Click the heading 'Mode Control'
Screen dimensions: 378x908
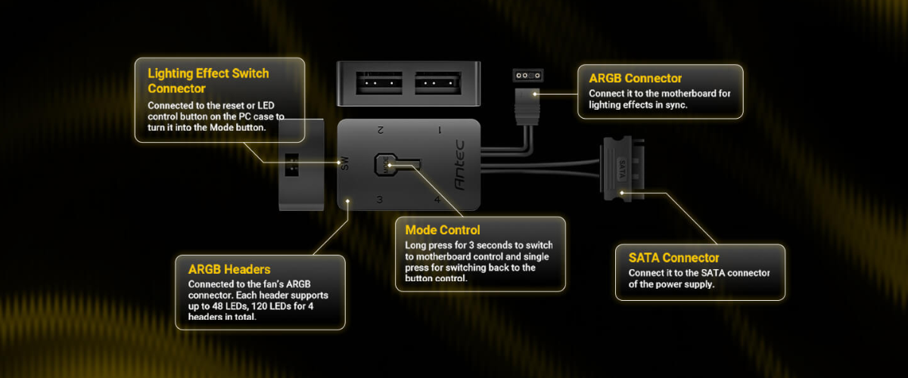click(443, 230)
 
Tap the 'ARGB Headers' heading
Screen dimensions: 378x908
click(229, 268)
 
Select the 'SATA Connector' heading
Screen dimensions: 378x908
click(674, 258)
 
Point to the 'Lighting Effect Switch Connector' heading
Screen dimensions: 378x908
click(208, 81)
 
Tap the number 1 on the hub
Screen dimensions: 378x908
click(440, 130)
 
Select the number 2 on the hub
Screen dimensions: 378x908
click(381, 130)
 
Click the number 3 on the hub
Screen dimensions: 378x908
click(379, 200)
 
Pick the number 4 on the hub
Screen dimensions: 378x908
click(437, 200)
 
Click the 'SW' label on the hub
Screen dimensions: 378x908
click(345, 164)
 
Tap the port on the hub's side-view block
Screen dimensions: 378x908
click(293, 164)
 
